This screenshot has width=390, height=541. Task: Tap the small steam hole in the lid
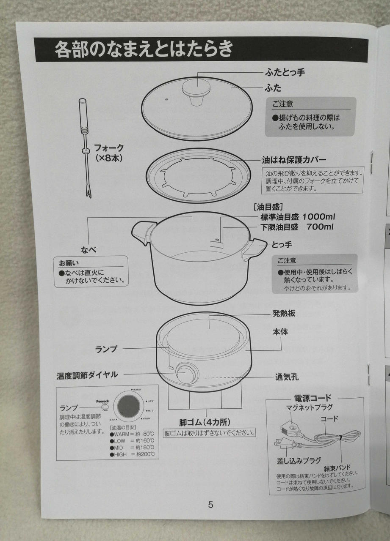167,99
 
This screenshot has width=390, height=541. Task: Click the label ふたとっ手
285,72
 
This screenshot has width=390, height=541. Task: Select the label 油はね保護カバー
294,160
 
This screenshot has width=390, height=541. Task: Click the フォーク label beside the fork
109,148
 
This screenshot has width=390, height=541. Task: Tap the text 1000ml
318,217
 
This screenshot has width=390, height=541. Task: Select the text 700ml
320,227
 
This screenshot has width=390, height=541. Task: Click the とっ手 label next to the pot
282,244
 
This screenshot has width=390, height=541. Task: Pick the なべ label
89,250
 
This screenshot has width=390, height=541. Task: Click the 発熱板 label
284,314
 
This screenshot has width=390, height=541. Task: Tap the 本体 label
280,332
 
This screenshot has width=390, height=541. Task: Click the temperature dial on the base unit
186,373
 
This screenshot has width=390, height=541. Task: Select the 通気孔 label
287,377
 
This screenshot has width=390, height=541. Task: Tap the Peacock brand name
102,402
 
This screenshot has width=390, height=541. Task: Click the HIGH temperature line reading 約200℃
132,454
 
